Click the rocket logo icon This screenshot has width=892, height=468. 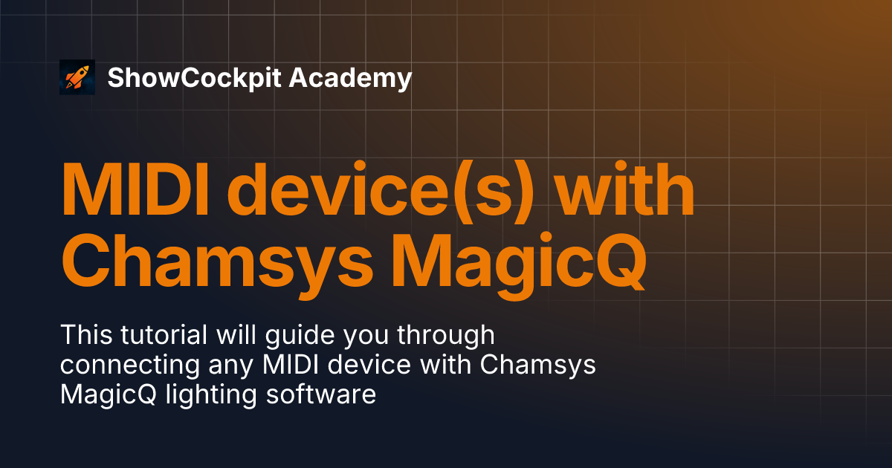point(77,77)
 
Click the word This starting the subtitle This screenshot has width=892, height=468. point(86,335)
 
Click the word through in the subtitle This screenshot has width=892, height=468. point(445,337)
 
